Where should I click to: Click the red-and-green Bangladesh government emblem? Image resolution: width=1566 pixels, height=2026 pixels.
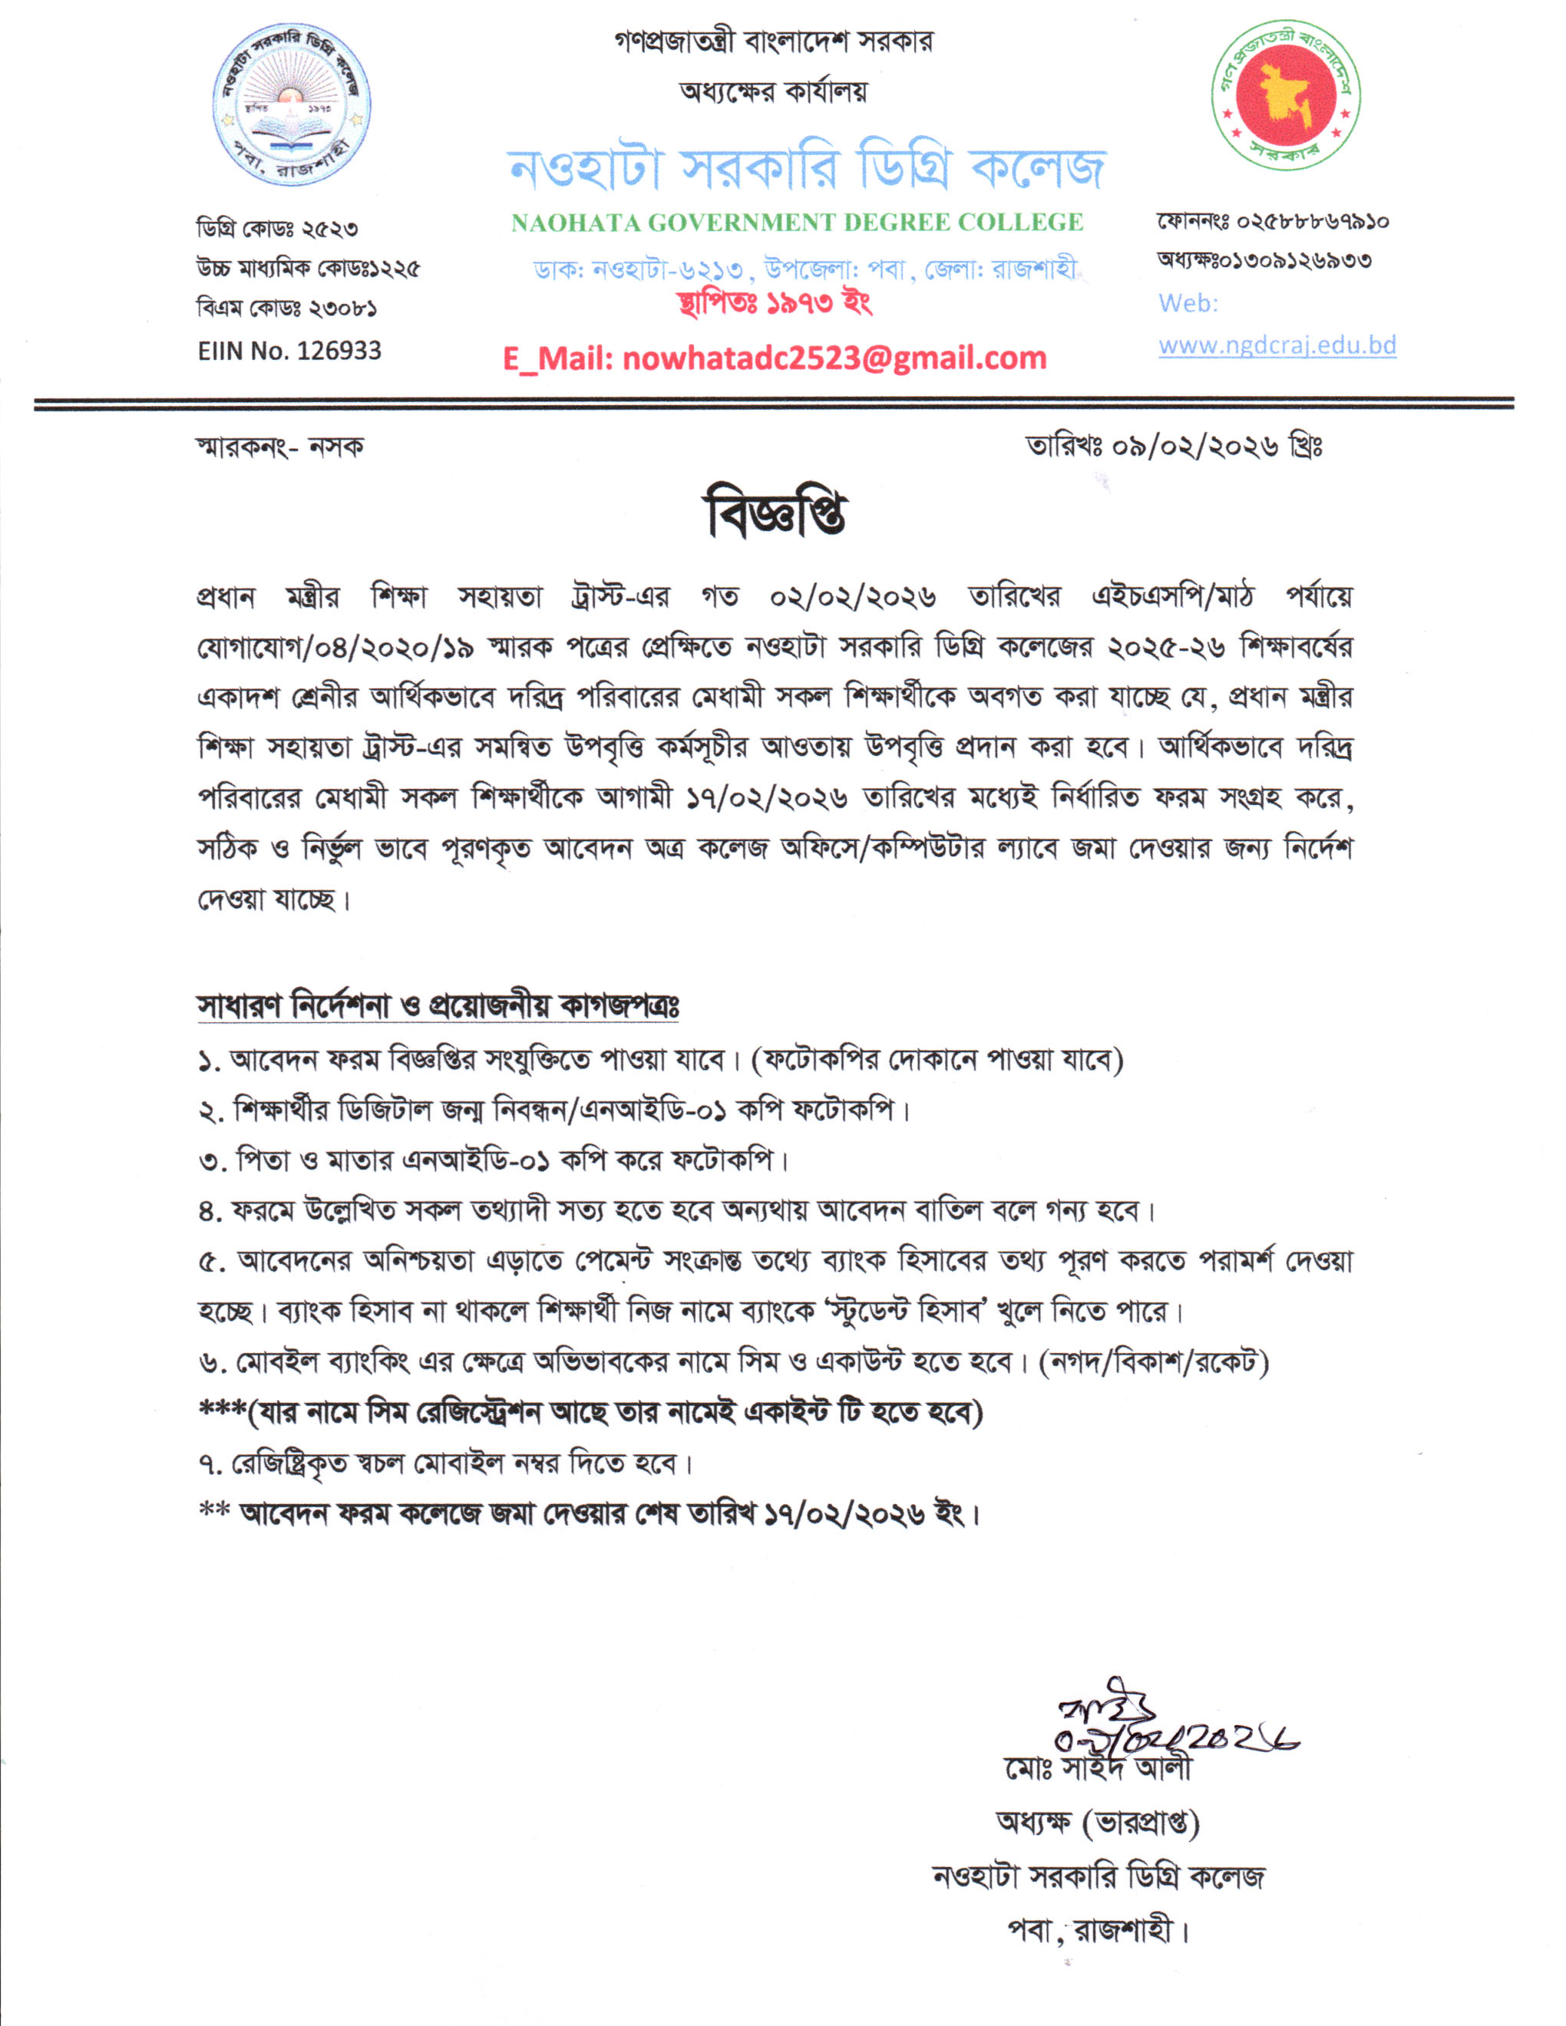point(1285,94)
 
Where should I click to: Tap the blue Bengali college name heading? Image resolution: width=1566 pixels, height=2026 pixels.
point(806,167)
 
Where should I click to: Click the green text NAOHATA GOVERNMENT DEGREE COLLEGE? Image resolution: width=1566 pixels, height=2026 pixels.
point(797,223)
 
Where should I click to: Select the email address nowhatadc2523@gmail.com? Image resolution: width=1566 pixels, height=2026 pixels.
point(834,358)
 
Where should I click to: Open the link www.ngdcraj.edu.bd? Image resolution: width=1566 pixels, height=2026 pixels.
point(1277,345)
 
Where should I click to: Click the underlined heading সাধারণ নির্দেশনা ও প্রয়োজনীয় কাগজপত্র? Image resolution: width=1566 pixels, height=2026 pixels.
point(438,1007)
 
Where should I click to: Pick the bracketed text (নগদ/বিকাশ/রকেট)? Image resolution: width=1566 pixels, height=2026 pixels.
point(1154,1362)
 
